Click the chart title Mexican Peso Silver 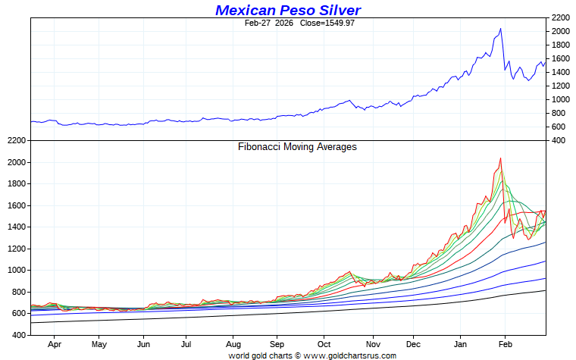288,10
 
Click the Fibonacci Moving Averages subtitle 297,146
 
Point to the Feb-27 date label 258,23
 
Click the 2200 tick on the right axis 562,17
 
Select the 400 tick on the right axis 559,140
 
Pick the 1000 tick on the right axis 562,99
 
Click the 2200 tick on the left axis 15,140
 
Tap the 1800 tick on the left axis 15,184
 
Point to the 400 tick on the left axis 17,335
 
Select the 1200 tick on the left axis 15,249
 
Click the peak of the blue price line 500,29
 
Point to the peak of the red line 500,158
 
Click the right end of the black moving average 545,290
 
